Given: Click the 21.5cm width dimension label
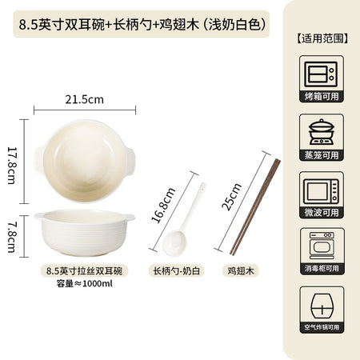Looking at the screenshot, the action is (84, 99).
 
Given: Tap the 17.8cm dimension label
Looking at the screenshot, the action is (12, 166).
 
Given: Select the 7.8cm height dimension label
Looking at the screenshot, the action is (12, 238).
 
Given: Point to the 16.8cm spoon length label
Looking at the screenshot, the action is (163, 205).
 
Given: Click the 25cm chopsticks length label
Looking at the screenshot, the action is (231, 197).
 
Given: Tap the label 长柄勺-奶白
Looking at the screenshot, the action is (176, 271).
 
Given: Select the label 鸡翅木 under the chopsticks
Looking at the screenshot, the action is (241, 271).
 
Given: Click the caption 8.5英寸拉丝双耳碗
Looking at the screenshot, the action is (84, 271).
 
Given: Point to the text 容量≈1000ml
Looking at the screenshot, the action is (84, 283).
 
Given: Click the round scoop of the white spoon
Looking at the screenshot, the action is (174, 242).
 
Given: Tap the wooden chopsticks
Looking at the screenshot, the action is (255, 207).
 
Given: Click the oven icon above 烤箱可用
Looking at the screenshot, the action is (321, 74).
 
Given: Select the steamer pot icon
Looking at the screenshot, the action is (322, 132).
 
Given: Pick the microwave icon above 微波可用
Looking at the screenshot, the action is (322, 191).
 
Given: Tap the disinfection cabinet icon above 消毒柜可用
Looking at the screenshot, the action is (322, 246).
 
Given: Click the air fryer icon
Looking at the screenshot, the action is (322, 306).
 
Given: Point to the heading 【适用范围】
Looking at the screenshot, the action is (322, 38).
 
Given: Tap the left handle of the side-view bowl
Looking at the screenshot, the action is (39, 217).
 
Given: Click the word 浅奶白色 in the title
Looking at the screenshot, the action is (234, 25).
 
